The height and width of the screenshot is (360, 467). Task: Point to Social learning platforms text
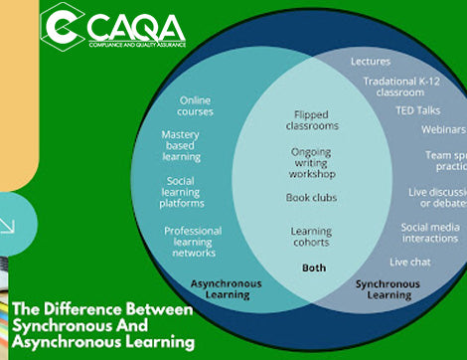point(182,191)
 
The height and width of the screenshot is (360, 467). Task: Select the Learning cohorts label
point(310,236)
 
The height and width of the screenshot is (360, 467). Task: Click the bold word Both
point(313,268)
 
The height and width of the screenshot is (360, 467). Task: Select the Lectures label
point(371,62)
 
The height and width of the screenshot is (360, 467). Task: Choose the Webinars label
point(442,129)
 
